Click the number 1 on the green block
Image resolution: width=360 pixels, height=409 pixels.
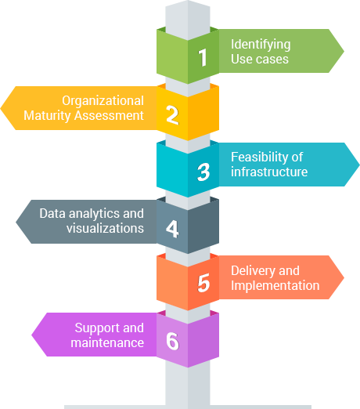click(x=203, y=57)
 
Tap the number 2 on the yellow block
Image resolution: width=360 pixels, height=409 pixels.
click(x=172, y=114)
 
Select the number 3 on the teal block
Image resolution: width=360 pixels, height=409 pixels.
click(x=203, y=172)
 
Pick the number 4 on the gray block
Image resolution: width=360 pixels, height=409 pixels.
click(x=172, y=229)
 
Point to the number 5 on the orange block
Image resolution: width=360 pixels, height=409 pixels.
click(x=203, y=283)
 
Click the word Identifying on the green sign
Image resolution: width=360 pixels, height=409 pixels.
click(x=261, y=44)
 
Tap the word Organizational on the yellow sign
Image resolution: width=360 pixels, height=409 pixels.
click(x=103, y=100)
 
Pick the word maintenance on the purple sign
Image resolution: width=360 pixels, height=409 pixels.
click(x=107, y=343)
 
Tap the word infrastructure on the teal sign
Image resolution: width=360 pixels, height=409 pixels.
click(x=269, y=172)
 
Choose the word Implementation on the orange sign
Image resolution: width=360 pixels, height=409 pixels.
click(x=275, y=286)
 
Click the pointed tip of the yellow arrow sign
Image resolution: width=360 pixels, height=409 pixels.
click(x=3, y=108)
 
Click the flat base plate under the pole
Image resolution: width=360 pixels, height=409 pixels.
click(x=188, y=407)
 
